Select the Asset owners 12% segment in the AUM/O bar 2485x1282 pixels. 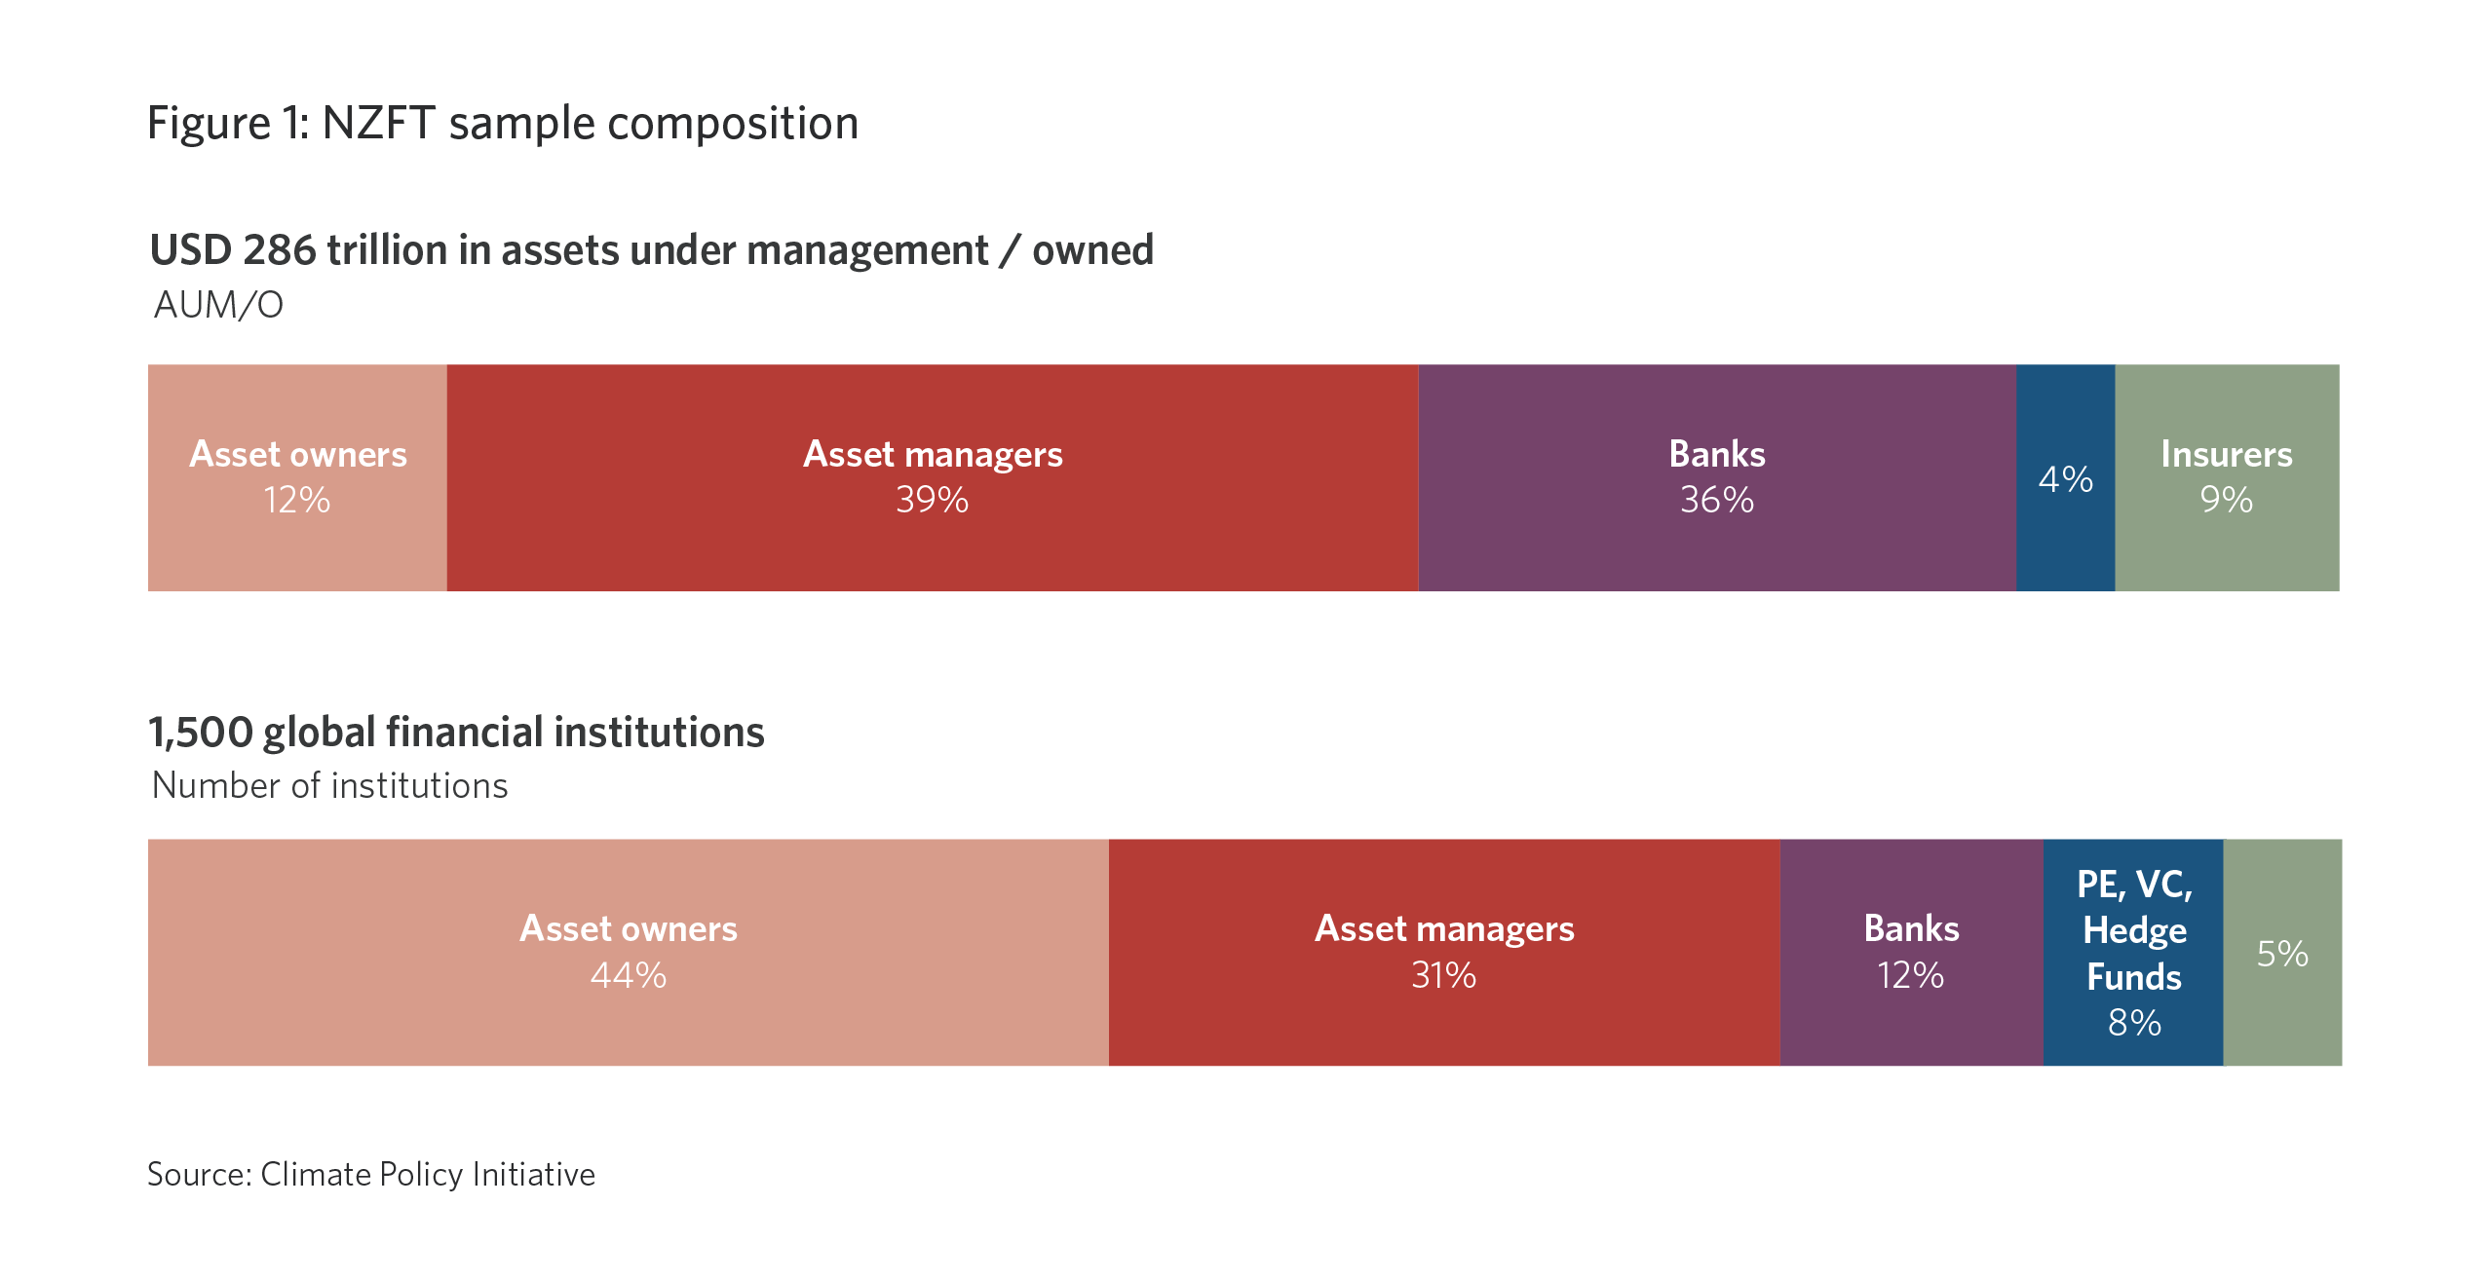click(297, 477)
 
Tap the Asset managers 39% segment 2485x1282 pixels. click(933, 477)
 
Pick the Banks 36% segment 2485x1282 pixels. click(1717, 477)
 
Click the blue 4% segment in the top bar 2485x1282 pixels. click(2066, 477)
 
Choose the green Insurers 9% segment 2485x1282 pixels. click(2228, 477)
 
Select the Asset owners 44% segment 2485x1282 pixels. click(629, 952)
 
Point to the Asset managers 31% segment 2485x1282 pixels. click(1444, 952)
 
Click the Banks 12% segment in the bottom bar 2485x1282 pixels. click(1912, 952)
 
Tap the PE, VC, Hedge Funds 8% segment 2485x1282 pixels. click(2134, 952)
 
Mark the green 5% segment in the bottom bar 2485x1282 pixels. click(2283, 952)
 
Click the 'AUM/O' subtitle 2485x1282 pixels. click(219, 305)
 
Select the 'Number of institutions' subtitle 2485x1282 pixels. click(330, 785)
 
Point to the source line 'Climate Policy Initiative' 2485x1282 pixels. click(428, 1175)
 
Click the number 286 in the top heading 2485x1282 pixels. click(280, 250)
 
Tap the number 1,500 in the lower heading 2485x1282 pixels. click(201, 733)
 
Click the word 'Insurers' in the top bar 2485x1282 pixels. click(2227, 454)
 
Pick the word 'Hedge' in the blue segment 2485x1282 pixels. click(2135, 931)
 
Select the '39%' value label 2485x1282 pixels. click(933, 500)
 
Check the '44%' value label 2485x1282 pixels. click(629, 975)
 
